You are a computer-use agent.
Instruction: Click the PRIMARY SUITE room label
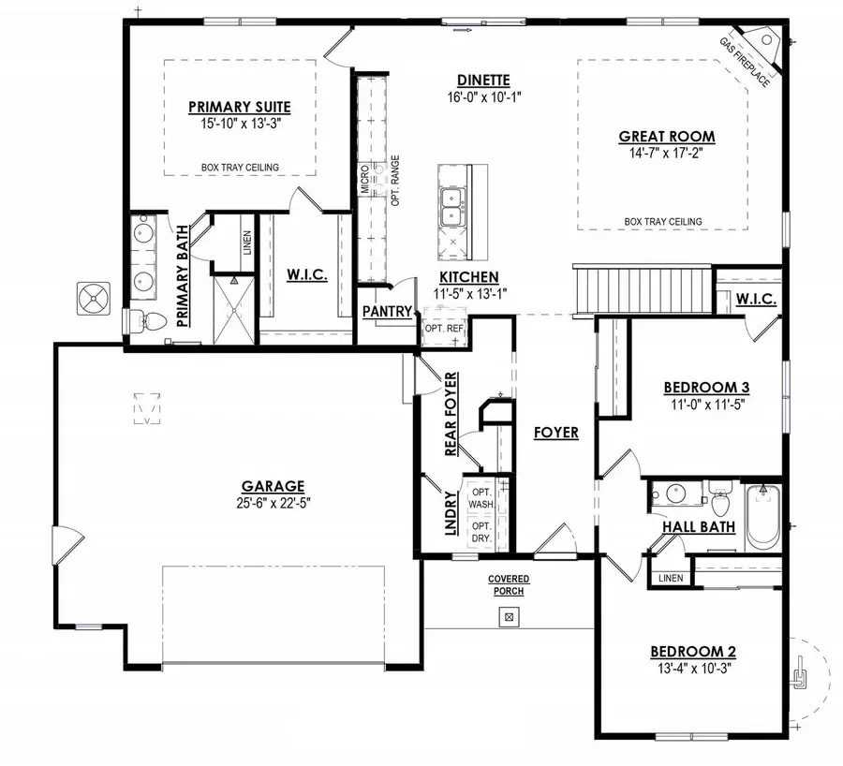(x=240, y=106)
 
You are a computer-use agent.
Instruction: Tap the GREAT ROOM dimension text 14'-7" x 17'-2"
(x=666, y=153)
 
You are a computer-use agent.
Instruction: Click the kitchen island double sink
(x=454, y=207)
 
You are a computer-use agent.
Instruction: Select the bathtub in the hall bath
(x=762, y=517)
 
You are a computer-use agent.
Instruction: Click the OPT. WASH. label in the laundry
(x=481, y=497)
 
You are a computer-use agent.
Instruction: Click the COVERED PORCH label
(x=508, y=585)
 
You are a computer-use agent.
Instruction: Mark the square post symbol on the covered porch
(x=509, y=616)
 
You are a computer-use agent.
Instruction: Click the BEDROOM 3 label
(x=705, y=386)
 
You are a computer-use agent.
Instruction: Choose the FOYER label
(x=555, y=432)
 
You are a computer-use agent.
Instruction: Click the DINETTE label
(x=483, y=80)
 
